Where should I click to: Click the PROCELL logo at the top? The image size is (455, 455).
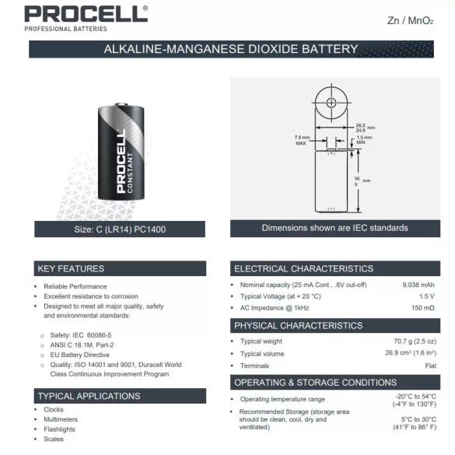[85, 15]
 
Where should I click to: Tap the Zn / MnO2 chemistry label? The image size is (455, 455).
[409, 20]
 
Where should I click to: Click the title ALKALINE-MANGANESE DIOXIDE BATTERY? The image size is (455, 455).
[230, 49]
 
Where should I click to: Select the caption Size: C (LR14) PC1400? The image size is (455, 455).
[121, 229]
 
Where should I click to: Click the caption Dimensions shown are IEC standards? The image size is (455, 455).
[334, 228]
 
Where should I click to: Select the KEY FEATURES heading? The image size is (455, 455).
[71, 269]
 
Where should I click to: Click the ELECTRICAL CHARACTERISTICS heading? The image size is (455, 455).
[303, 269]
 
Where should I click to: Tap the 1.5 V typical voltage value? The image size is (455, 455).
[426, 296]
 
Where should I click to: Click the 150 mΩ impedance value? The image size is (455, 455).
[423, 308]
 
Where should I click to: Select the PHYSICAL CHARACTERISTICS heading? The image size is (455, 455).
[299, 325]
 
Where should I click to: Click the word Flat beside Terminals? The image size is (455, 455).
[430, 366]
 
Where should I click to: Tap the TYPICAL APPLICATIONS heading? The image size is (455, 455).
[89, 396]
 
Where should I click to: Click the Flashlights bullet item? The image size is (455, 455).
[60, 429]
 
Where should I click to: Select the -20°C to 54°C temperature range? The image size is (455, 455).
[415, 397]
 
